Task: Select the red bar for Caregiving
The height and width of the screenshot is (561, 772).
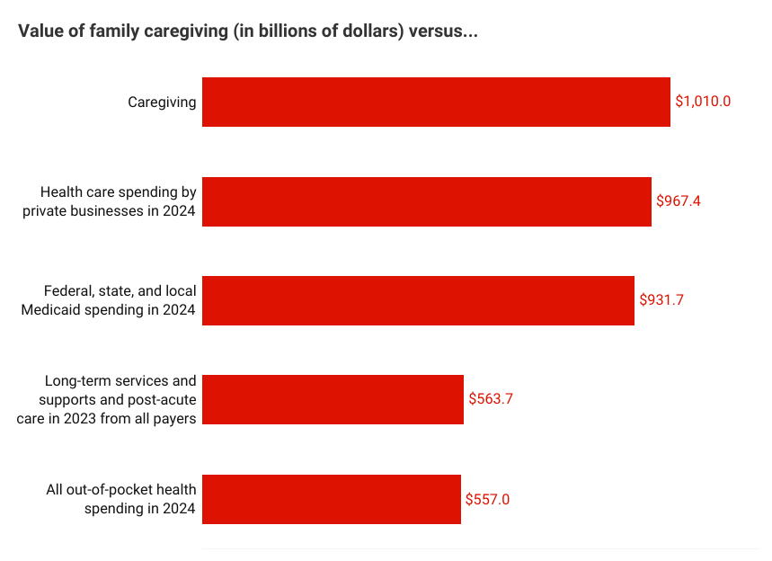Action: point(436,102)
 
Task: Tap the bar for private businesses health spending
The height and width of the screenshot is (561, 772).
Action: point(427,201)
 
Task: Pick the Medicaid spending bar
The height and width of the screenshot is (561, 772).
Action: point(418,300)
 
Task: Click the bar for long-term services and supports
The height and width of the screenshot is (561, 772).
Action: point(333,399)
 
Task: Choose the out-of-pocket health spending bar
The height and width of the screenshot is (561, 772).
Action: point(332,499)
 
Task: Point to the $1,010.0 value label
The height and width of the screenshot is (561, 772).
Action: point(703,102)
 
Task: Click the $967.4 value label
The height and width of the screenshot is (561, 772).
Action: point(679,201)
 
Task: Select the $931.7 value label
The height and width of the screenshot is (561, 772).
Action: point(661,300)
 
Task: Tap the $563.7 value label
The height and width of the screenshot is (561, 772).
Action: point(491,399)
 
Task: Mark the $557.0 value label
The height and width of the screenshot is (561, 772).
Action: point(488,499)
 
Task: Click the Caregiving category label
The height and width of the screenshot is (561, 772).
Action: point(162,102)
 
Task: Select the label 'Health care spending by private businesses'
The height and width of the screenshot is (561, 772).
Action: point(119,201)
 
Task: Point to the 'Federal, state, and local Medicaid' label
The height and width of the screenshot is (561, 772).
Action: point(120,300)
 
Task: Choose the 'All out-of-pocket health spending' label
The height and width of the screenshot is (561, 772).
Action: point(121,499)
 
